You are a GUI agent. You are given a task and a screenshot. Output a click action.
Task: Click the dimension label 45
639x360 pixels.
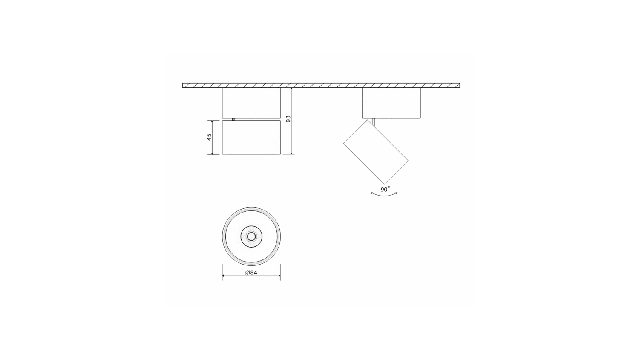point(210,137)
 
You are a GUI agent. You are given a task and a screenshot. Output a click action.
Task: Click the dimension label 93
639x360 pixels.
point(288,119)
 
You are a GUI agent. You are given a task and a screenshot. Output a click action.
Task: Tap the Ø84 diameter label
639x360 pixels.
point(251,272)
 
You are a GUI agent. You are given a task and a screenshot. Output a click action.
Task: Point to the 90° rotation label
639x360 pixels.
point(385,189)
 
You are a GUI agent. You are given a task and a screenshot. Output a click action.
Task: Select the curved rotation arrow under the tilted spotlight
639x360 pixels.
point(384,196)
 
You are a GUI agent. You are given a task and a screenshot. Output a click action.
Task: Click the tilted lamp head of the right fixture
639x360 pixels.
point(376,152)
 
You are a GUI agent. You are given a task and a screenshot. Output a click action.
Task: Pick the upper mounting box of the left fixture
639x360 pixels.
point(251,103)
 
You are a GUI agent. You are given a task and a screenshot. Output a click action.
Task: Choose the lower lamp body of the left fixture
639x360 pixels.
point(251,137)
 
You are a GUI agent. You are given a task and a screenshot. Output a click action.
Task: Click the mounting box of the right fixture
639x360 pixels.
point(391,103)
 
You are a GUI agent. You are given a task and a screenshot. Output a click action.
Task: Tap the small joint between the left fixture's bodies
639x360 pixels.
point(233,119)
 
